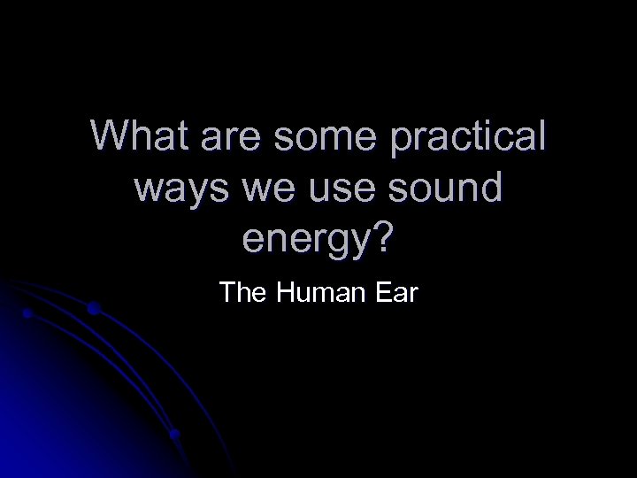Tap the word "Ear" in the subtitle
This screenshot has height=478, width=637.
point(391,291)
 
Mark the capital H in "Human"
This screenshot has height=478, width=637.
point(285,291)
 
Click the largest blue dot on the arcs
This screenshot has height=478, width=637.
point(93,309)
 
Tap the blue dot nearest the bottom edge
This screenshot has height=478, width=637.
point(175,435)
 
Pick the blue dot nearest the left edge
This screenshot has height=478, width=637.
point(27,313)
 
